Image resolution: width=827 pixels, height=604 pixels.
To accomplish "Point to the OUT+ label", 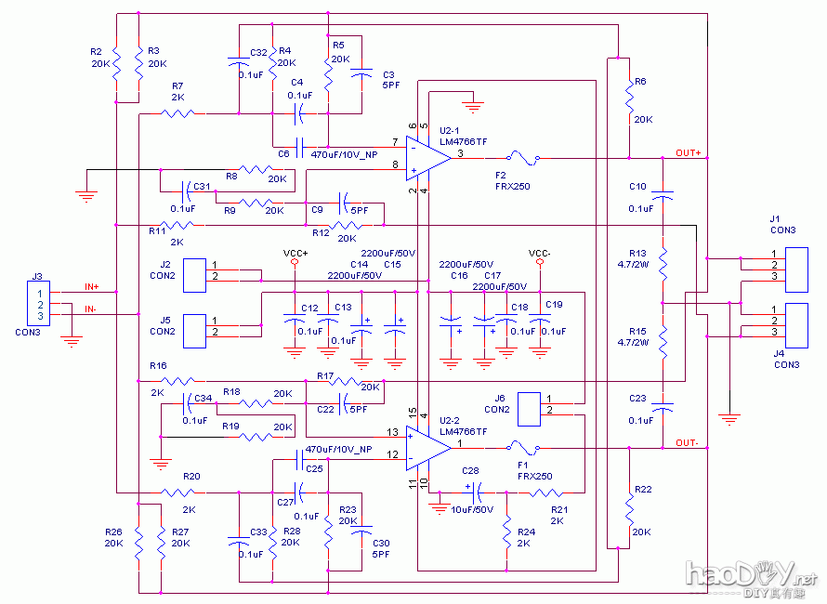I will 689,152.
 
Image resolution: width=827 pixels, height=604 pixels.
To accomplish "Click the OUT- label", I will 687,441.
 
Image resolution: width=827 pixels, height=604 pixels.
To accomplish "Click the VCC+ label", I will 295,253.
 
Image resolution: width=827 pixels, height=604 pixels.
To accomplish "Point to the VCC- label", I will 540,253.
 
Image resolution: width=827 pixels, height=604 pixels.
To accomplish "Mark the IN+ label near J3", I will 92,287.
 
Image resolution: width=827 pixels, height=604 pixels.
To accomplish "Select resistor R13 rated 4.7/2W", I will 663,264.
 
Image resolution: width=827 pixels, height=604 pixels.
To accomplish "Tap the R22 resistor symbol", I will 629,508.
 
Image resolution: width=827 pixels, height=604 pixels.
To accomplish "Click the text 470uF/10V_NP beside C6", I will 344,154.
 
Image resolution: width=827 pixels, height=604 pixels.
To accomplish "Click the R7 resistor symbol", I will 177,113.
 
